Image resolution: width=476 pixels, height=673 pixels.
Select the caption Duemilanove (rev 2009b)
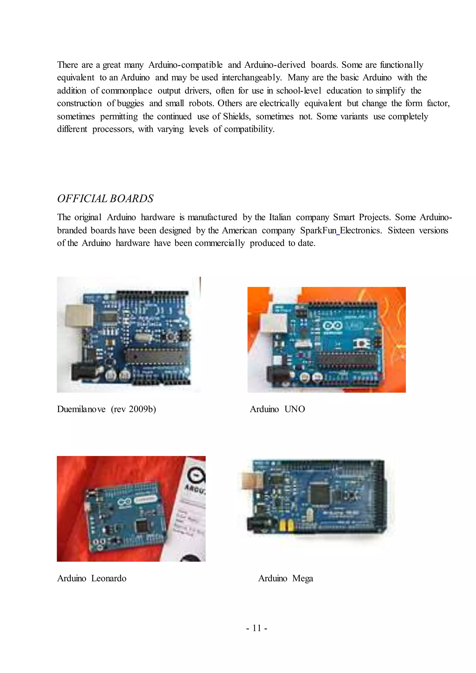tap(106, 409)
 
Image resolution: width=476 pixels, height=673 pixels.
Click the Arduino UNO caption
tap(277, 409)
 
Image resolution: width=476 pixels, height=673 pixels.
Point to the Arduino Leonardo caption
tap(92, 578)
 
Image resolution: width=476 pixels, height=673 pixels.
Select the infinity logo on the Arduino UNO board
tap(333, 325)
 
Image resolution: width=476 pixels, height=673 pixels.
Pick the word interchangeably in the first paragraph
tap(252, 78)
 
